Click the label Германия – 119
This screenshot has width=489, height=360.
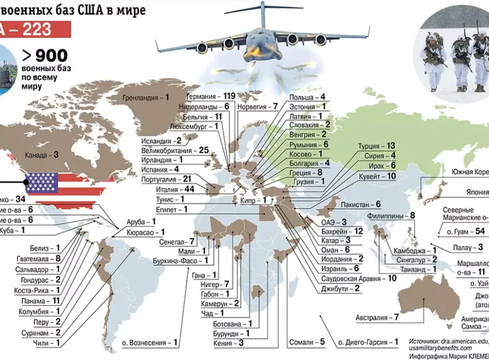click(210, 95)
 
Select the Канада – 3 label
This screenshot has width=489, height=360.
click(41, 155)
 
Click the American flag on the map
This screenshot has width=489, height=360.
click(41, 183)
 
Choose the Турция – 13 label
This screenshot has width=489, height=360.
click(376, 145)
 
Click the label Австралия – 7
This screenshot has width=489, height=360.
click(377, 317)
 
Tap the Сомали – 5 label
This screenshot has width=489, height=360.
click(307, 342)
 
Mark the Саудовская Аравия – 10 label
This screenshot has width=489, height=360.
click(359, 278)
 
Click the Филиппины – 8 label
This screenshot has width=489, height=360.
click(391, 216)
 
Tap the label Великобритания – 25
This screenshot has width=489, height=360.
click(175, 150)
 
